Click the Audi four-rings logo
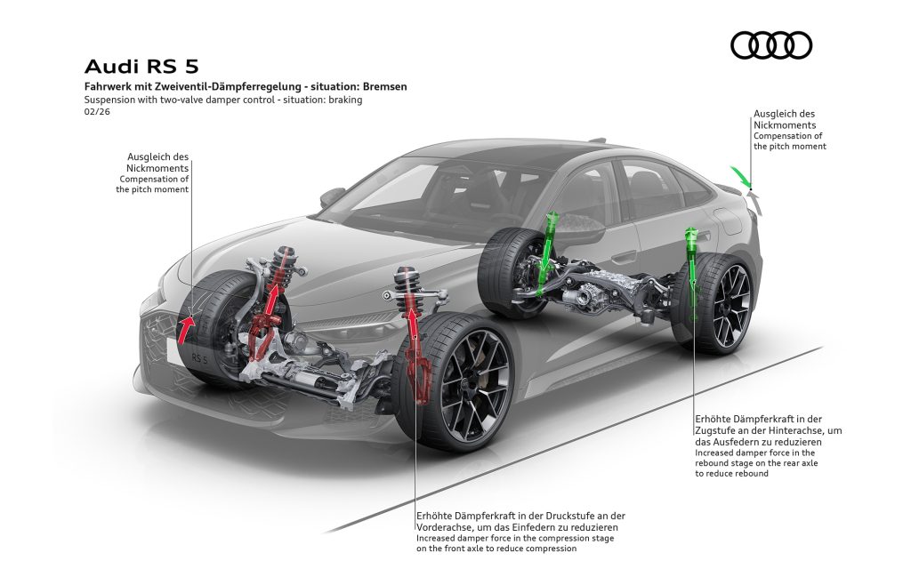pyautogui.click(x=771, y=44)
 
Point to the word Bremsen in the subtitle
pyautogui.click(x=384, y=87)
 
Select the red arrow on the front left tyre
pyautogui.click(x=187, y=326)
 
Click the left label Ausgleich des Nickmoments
pyautogui.click(x=158, y=162)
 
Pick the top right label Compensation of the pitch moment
pyautogui.click(x=789, y=140)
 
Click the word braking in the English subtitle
pyautogui.click(x=344, y=100)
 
